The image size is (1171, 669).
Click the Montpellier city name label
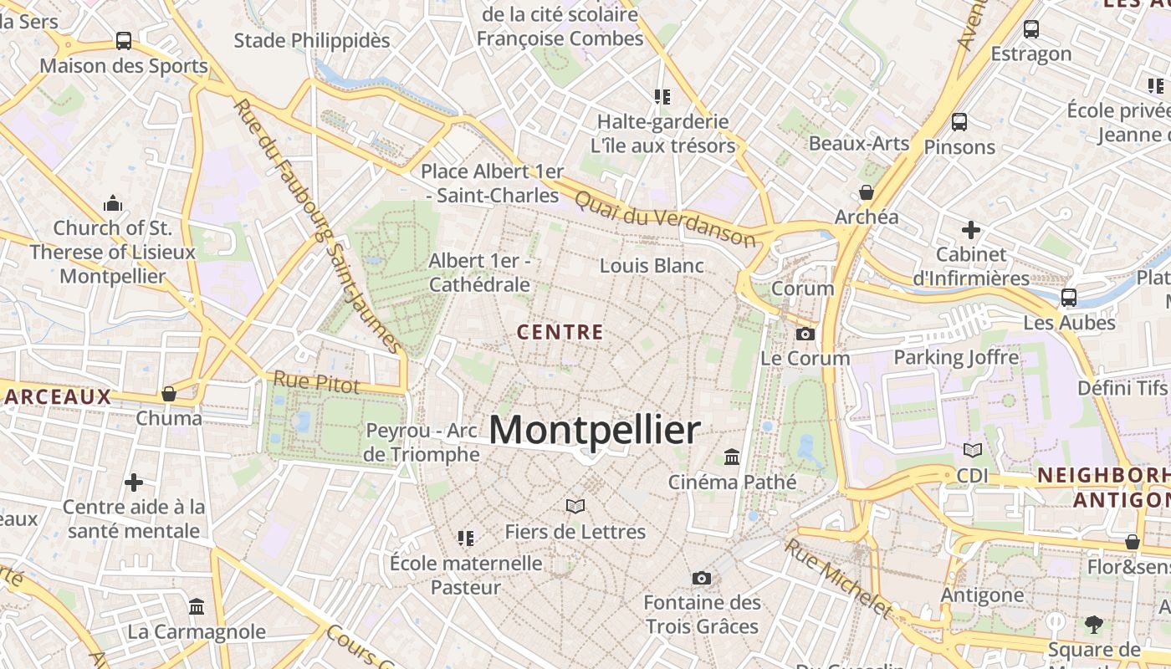pos(594,430)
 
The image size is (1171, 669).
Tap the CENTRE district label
pos(560,332)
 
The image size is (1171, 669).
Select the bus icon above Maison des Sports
pos(123,40)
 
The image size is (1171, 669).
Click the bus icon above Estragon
pos(1030,29)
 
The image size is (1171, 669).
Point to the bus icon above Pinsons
pos(959,122)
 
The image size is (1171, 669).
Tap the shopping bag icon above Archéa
pos(867,192)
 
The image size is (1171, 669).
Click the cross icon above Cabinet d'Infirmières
pos(970,229)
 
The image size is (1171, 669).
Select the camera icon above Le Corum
pos(805,334)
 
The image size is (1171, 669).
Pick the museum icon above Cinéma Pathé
pos(732,457)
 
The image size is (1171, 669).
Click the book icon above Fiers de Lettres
pos(575,506)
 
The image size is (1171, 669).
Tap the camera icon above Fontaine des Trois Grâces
pos(702,578)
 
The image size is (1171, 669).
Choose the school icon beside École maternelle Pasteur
pos(466,538)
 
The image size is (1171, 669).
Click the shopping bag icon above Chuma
pos(169,393)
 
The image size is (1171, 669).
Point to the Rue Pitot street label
pos(316,383)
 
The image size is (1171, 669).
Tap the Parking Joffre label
pos(956,358)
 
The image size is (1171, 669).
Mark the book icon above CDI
pos(972,451)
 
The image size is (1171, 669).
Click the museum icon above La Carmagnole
pos(197,606)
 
